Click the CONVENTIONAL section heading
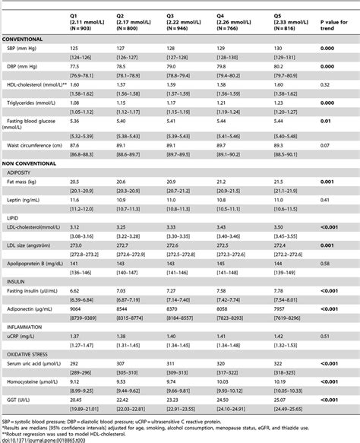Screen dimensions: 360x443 (23, 38)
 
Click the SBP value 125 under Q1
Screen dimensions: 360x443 (74, 47)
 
